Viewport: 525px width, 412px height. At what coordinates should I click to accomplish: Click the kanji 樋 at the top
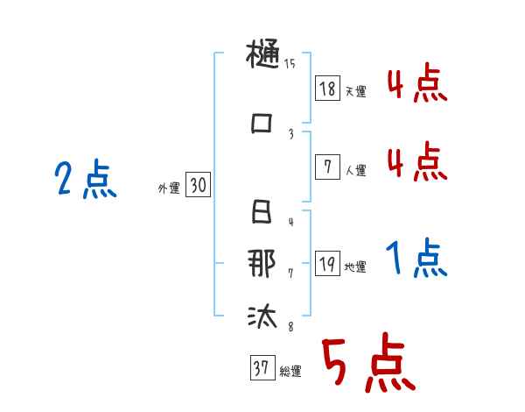(x=262, y=59)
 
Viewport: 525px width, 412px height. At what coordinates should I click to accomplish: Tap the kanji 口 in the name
(x=262, y=123)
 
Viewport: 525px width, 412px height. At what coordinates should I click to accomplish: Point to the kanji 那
(x=262, y=265)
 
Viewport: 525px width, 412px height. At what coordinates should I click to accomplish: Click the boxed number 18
(x=327, y=88)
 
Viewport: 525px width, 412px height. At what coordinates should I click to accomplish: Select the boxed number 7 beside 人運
(x=327, y=167)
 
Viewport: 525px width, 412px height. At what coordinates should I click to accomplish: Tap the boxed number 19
(x=327, y=264)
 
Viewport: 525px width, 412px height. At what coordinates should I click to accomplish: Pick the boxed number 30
(x=198, y=186)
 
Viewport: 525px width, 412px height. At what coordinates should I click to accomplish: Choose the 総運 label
(x=290, y=372)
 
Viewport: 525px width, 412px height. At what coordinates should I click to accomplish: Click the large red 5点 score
(x=367, y=366)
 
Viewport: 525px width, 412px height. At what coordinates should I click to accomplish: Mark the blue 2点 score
(x=85, y=181)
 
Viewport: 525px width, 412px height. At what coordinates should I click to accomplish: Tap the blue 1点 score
(x=416, y=258)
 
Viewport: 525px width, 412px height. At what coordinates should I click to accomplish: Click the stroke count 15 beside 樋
(x=290, y=63)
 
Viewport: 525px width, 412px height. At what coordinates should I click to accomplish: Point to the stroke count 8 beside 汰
(x=290, y=328)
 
